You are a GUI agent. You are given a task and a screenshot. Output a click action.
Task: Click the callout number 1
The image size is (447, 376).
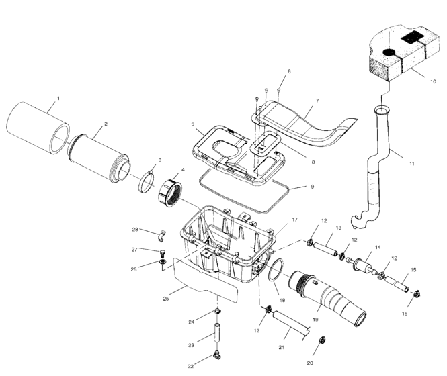tap(58, 99)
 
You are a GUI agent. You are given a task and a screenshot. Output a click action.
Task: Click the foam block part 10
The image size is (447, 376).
tap(397, 54)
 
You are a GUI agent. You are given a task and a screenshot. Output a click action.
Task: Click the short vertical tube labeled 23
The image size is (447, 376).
tap(217, 334)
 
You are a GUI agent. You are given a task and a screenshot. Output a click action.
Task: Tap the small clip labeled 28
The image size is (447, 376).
tap(160, 235)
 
